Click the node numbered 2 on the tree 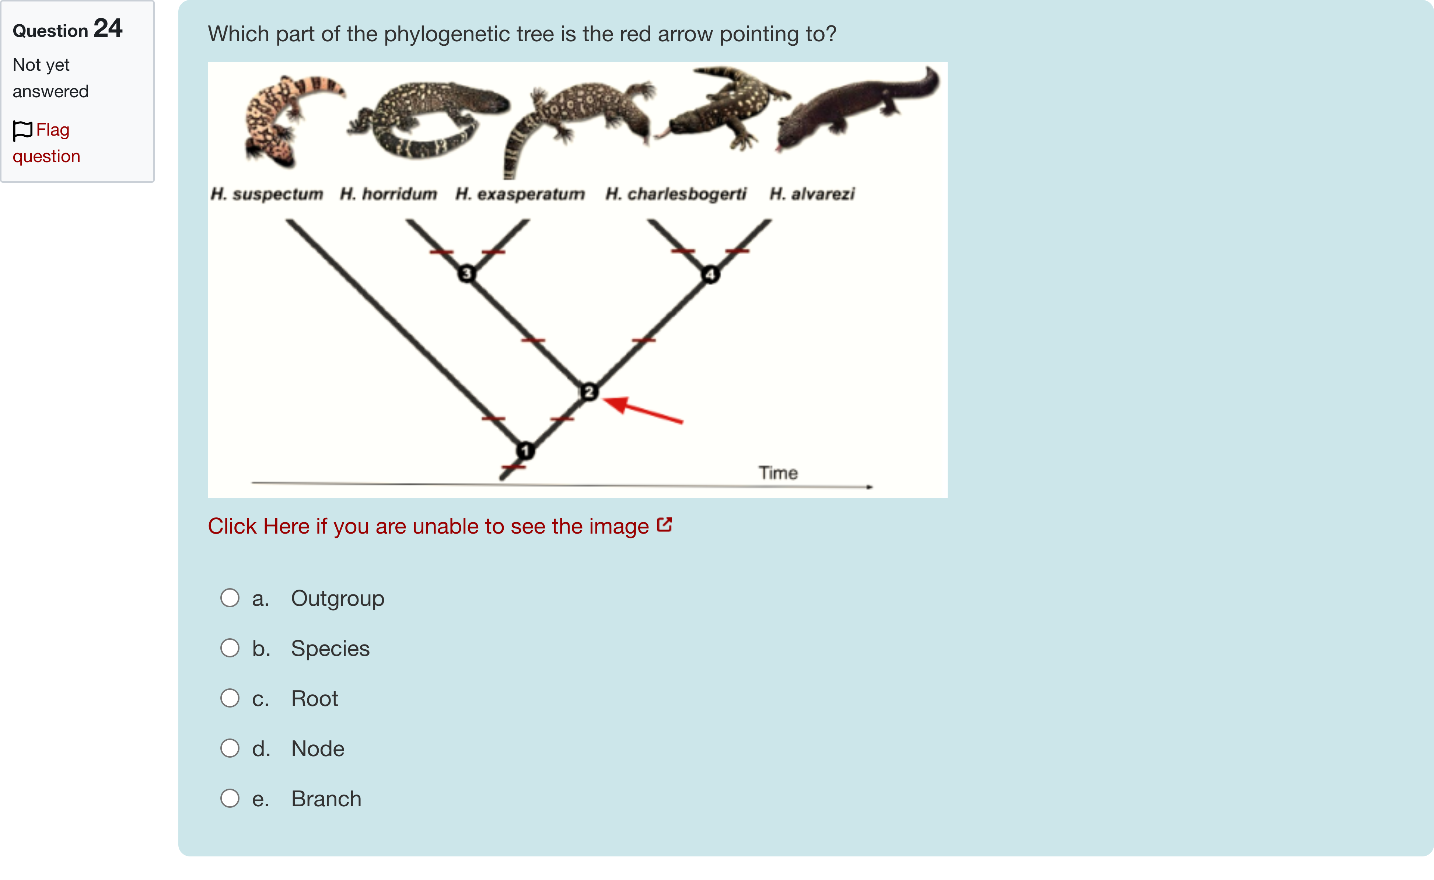589,392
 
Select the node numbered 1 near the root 525,450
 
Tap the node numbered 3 466,273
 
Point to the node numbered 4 710,274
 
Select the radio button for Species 230,648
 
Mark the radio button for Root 230,698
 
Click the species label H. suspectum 266,194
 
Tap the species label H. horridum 388,194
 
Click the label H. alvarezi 812,194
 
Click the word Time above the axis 778,472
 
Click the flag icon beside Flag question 22,130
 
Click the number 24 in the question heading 108,28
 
